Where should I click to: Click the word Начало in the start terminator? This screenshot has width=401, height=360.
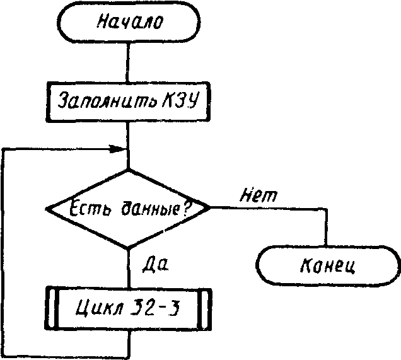coord(129,21)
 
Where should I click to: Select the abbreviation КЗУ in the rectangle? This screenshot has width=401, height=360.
coord(180,100)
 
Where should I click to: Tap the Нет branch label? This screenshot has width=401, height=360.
coord(259,195)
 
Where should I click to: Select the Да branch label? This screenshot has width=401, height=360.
coord(155,264)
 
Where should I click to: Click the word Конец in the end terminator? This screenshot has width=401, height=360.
coord(328,266)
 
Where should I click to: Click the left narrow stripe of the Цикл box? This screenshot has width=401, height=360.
coord(52,308)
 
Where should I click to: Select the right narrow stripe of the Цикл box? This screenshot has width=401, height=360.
coord(205,308)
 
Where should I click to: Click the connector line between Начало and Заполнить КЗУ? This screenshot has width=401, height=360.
coord(128,62)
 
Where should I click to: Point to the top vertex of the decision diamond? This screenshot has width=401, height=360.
coord(128,170)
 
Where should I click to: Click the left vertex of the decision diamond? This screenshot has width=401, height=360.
coord(47,209)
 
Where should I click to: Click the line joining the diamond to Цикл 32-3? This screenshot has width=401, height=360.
coord(129,268)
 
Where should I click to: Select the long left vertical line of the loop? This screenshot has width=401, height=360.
coord(3,252)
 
